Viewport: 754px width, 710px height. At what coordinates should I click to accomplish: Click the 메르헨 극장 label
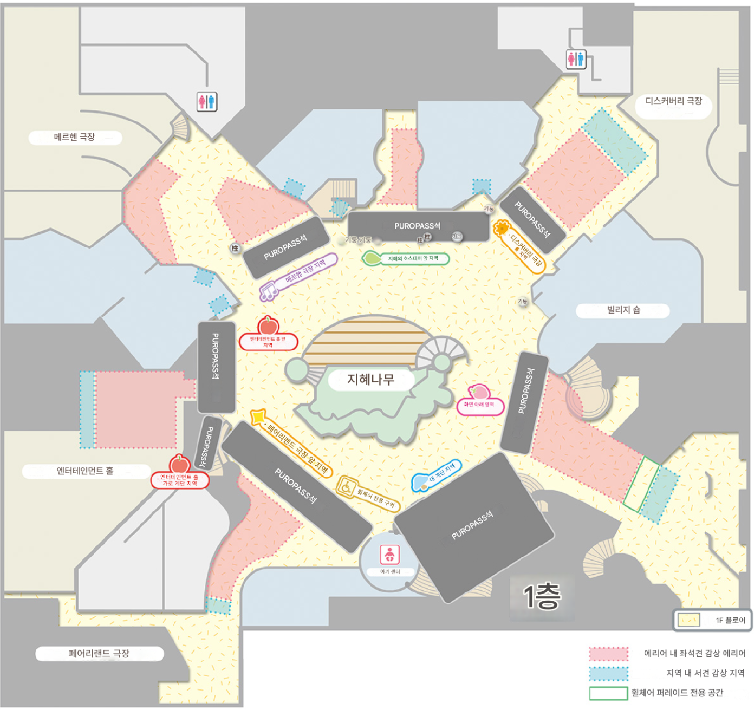[75, 137]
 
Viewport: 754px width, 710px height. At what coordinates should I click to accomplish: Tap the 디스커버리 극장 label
[673, 101]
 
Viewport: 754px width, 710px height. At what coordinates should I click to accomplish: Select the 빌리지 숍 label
[623, 310]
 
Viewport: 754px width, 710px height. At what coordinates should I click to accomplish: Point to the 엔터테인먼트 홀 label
[85, 471]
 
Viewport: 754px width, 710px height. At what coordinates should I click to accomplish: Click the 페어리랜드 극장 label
[99, 654]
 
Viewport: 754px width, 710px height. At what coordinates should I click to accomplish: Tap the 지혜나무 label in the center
[371, 380]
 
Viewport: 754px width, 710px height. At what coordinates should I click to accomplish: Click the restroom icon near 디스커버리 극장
[576, 58]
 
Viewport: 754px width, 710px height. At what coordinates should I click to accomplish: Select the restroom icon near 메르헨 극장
[207, 101]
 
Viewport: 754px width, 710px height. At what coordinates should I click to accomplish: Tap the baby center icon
[389, 555]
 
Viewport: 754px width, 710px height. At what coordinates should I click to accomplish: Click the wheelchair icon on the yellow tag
[346, 486]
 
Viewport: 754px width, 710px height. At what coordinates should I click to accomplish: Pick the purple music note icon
[268, 292]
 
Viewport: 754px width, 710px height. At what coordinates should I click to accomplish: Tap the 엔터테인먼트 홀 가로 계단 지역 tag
[180, 480]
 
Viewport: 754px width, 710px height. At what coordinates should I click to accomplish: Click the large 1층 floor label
[542, 596]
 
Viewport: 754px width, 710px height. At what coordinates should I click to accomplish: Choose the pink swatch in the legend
[608, 654]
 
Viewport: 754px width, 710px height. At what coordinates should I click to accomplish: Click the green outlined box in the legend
[608, 693]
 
